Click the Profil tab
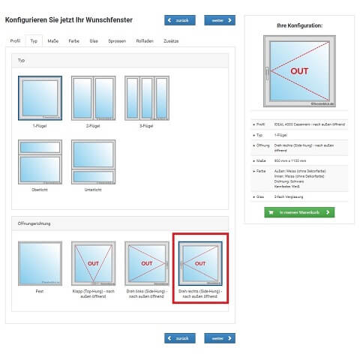coord(15,40)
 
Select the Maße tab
coord(53,40)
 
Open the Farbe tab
coord(73,40)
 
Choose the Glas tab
coord(94,40)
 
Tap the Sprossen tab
coord(117,40)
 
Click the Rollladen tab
coord(144,40)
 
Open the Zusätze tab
coord(171,40)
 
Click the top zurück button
coord(180,20)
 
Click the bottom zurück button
coord(180,338)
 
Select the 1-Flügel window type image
coord(40,97)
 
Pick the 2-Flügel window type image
coord(93,97)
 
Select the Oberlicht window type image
coord(40,161)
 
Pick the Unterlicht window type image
coord(93,161)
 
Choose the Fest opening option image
coord(40,263)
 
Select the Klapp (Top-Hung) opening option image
coord(93,263)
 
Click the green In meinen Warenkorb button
coord(299,212)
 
